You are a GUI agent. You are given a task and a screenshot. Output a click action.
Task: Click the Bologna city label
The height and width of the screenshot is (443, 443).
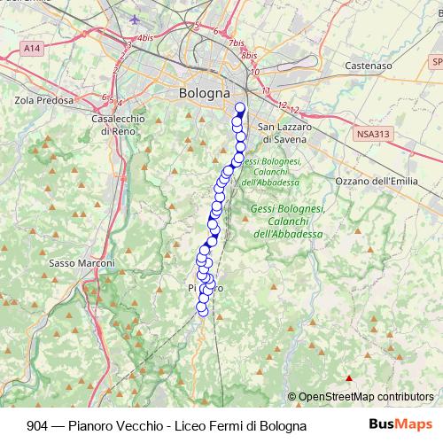[204, 92]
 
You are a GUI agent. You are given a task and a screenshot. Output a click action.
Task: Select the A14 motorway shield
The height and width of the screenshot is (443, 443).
[33, 47]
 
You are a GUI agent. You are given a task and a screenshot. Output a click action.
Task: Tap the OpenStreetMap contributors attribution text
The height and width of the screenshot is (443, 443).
[365, 397]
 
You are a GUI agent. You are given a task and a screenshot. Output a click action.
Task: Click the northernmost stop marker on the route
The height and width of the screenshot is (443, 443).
[239, 107]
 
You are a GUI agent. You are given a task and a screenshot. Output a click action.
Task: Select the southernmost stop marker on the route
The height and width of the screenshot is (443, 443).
[202, 310]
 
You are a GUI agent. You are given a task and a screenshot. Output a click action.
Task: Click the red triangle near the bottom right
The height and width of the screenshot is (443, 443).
[349, 379]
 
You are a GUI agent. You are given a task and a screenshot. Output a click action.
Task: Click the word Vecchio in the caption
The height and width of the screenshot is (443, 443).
[138, 425]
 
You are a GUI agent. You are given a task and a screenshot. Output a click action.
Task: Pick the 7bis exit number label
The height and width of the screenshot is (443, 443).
[235, 43]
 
